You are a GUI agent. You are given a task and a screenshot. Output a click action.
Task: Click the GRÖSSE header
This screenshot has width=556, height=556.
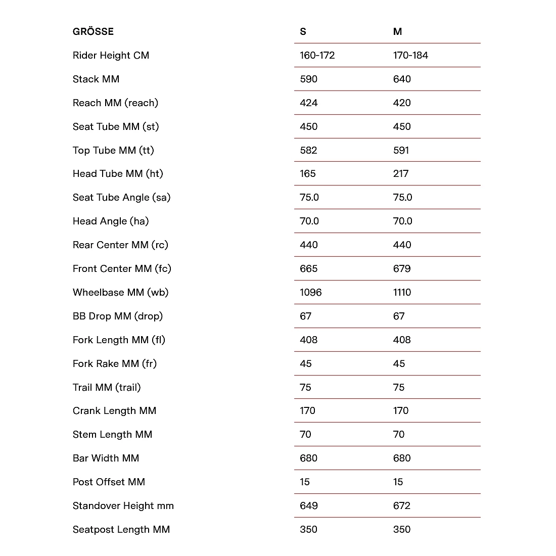(x=93, y=31)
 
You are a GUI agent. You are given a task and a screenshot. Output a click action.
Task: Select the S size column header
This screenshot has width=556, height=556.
(x=303, y=32)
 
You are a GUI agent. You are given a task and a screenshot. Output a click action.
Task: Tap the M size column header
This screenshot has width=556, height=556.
(x=397, y=32)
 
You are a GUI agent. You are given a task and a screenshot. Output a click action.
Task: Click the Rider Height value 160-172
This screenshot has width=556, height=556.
(x=317, y=55)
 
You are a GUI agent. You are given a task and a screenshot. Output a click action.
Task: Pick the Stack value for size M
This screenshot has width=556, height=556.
(x=402, y=79)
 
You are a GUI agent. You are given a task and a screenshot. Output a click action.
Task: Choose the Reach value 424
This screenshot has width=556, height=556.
(x=308, y=103)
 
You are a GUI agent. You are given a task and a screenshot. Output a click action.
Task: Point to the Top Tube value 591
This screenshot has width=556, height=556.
(x=401, y=150)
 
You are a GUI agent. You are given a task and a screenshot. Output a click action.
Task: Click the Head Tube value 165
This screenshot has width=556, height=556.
(x=307, y=173)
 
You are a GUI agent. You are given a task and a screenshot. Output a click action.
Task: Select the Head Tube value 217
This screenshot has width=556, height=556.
(x=401, y=173)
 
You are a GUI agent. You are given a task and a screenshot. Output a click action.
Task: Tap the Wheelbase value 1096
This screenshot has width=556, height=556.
(x=310, y=292)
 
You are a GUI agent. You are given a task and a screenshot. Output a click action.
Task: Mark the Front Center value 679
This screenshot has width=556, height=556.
(x=402, y=268)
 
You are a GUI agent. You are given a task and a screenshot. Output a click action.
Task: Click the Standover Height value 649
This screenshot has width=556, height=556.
(x=308, y=505)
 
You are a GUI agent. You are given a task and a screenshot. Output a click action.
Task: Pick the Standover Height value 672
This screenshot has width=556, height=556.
(x=402, y=505)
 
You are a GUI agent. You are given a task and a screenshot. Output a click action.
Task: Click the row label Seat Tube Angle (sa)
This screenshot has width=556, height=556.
(x=121, y=197)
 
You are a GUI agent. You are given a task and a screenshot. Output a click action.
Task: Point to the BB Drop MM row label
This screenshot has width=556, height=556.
(x=117, y=316)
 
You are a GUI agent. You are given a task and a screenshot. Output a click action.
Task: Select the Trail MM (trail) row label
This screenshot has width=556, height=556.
(x=107, y=387)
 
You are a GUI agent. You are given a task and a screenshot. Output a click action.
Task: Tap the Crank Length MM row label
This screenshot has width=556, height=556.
(x=114, y=410)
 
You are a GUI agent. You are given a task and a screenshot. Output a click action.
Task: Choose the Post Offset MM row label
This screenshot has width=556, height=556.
(x=109, y=482)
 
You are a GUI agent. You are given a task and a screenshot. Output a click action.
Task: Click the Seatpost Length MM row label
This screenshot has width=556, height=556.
(x=121, y=529)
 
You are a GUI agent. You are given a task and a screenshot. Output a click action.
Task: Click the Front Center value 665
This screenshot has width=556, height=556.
(x=308, y=268)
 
